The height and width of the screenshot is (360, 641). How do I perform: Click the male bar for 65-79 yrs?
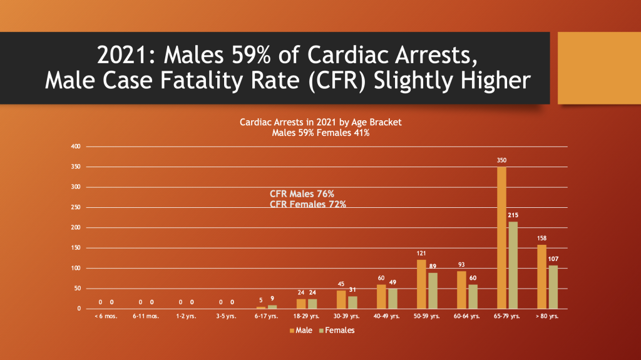pyautogui.click(x=502, y=238)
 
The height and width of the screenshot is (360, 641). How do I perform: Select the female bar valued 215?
pyautogui.click(x=513, y=265)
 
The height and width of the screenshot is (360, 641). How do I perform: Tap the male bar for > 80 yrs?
pyautogui.click(x=542, y=277)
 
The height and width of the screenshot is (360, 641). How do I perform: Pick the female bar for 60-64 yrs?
pyautogui.click(x=473, y=297)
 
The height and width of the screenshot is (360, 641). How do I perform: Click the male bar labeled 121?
pyautogui.click(x=421, y=284)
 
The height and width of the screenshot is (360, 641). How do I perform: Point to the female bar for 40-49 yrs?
pyautogui.click(x=392, y=299)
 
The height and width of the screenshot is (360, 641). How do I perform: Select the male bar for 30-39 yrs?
pyautogui.click(x=341, y=300)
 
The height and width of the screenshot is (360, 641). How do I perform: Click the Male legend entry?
pyautogui.click(x=302, y=330)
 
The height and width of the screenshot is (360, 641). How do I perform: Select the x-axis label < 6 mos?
pyautogui.click(x=106, y=317)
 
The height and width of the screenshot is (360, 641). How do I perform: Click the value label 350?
pyautogui.click(x=502, y=160)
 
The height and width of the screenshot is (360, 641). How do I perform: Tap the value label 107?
pyautogui.click(x=553, y=259)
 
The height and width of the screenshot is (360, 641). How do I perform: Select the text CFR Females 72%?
pyautogui.click(x=307, y=204)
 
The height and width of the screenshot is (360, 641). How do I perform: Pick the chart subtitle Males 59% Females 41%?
pyautogui.click(x=320, y=133)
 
